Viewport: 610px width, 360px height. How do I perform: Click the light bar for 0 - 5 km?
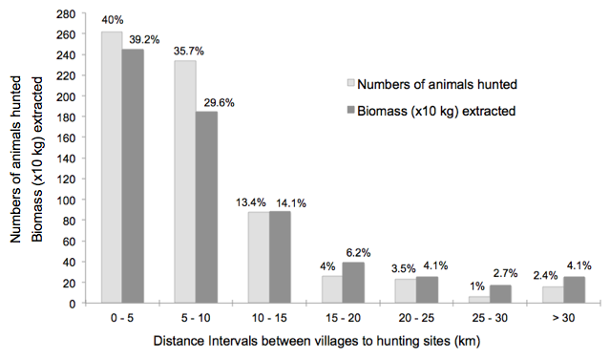(x=112, y=167)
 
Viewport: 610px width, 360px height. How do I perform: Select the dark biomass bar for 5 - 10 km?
(x=206, y=207)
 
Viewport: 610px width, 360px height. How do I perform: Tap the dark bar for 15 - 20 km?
(x=353, y=283)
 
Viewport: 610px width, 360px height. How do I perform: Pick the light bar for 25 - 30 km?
(x=479, y=300)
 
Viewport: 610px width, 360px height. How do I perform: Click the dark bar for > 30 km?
(x=575, y=290)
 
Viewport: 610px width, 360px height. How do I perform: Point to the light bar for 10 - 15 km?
(x=259, y=257)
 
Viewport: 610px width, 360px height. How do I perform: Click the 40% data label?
(x=113, y=19)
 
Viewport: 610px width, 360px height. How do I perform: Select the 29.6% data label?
(x=220, y=103)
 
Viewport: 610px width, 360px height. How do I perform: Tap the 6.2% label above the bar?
(x=358, y=253)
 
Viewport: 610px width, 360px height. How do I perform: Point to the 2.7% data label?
(x=505, y=273)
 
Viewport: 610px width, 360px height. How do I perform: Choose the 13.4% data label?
(x=251, y=202)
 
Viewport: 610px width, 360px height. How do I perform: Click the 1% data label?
(x=477, y=286)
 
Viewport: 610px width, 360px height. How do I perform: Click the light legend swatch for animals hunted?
(x=351, y=83)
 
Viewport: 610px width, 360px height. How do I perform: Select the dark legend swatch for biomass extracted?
(x=351, y=111)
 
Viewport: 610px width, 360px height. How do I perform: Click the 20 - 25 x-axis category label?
(x=416, y=318)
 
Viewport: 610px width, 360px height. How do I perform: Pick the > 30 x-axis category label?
(x=563, y=318)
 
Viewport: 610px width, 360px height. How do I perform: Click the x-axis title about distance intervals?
(x=317, y=341)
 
